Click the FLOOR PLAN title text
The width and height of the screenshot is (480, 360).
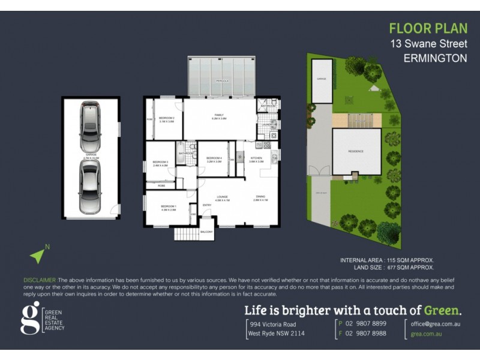[428, 28]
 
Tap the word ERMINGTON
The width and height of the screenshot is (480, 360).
[436, 59]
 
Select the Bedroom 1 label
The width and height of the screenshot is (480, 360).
[168, 208]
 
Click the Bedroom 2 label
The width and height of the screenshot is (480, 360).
[166, 119]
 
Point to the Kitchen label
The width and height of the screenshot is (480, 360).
[257, 159]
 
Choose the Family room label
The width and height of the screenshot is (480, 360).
[218, 116]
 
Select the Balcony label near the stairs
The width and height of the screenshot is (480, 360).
[207, 232]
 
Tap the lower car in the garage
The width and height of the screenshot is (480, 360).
[91, 187]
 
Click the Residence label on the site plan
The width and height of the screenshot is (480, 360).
[357, 152]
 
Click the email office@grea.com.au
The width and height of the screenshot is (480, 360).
[436, 323]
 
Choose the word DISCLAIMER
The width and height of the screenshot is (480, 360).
[40, 280]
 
